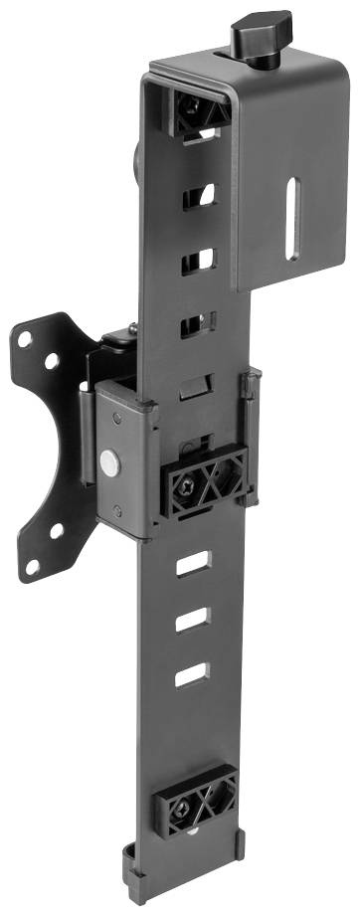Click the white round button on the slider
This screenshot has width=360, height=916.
(108, 460)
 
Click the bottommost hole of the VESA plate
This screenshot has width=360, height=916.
(33, 566)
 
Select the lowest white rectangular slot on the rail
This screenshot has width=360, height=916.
(191, 676)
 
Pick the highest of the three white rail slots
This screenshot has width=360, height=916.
(190, 565)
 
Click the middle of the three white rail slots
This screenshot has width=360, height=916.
(190, 621)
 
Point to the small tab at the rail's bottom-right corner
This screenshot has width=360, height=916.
(240, 845)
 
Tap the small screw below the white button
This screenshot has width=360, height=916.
(119, 514)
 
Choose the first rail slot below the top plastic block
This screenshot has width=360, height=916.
(199, 193)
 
